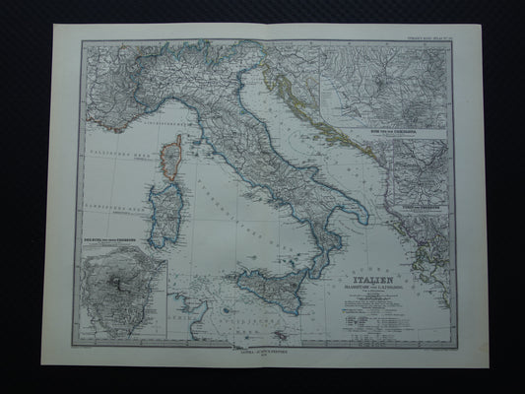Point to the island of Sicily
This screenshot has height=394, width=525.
pos(275,287)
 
